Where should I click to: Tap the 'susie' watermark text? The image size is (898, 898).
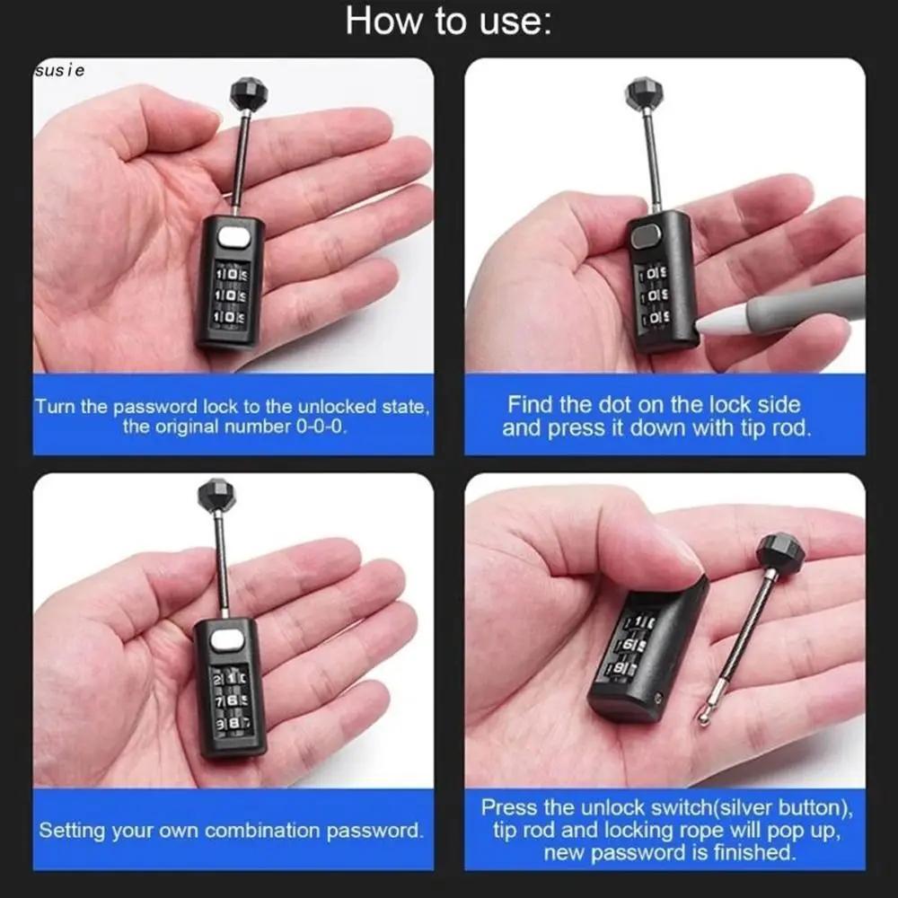point(59,70)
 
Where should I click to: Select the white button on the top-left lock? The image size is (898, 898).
point(232,238)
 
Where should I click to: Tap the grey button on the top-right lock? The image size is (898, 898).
point(645,237)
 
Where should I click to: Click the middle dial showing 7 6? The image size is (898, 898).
point(230,700)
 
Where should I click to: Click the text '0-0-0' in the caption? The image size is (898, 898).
point(320,427)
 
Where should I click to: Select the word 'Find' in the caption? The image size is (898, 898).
point(533,404)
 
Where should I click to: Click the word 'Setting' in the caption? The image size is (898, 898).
point(73,831)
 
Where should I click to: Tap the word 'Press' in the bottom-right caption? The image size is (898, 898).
point(508,806)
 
